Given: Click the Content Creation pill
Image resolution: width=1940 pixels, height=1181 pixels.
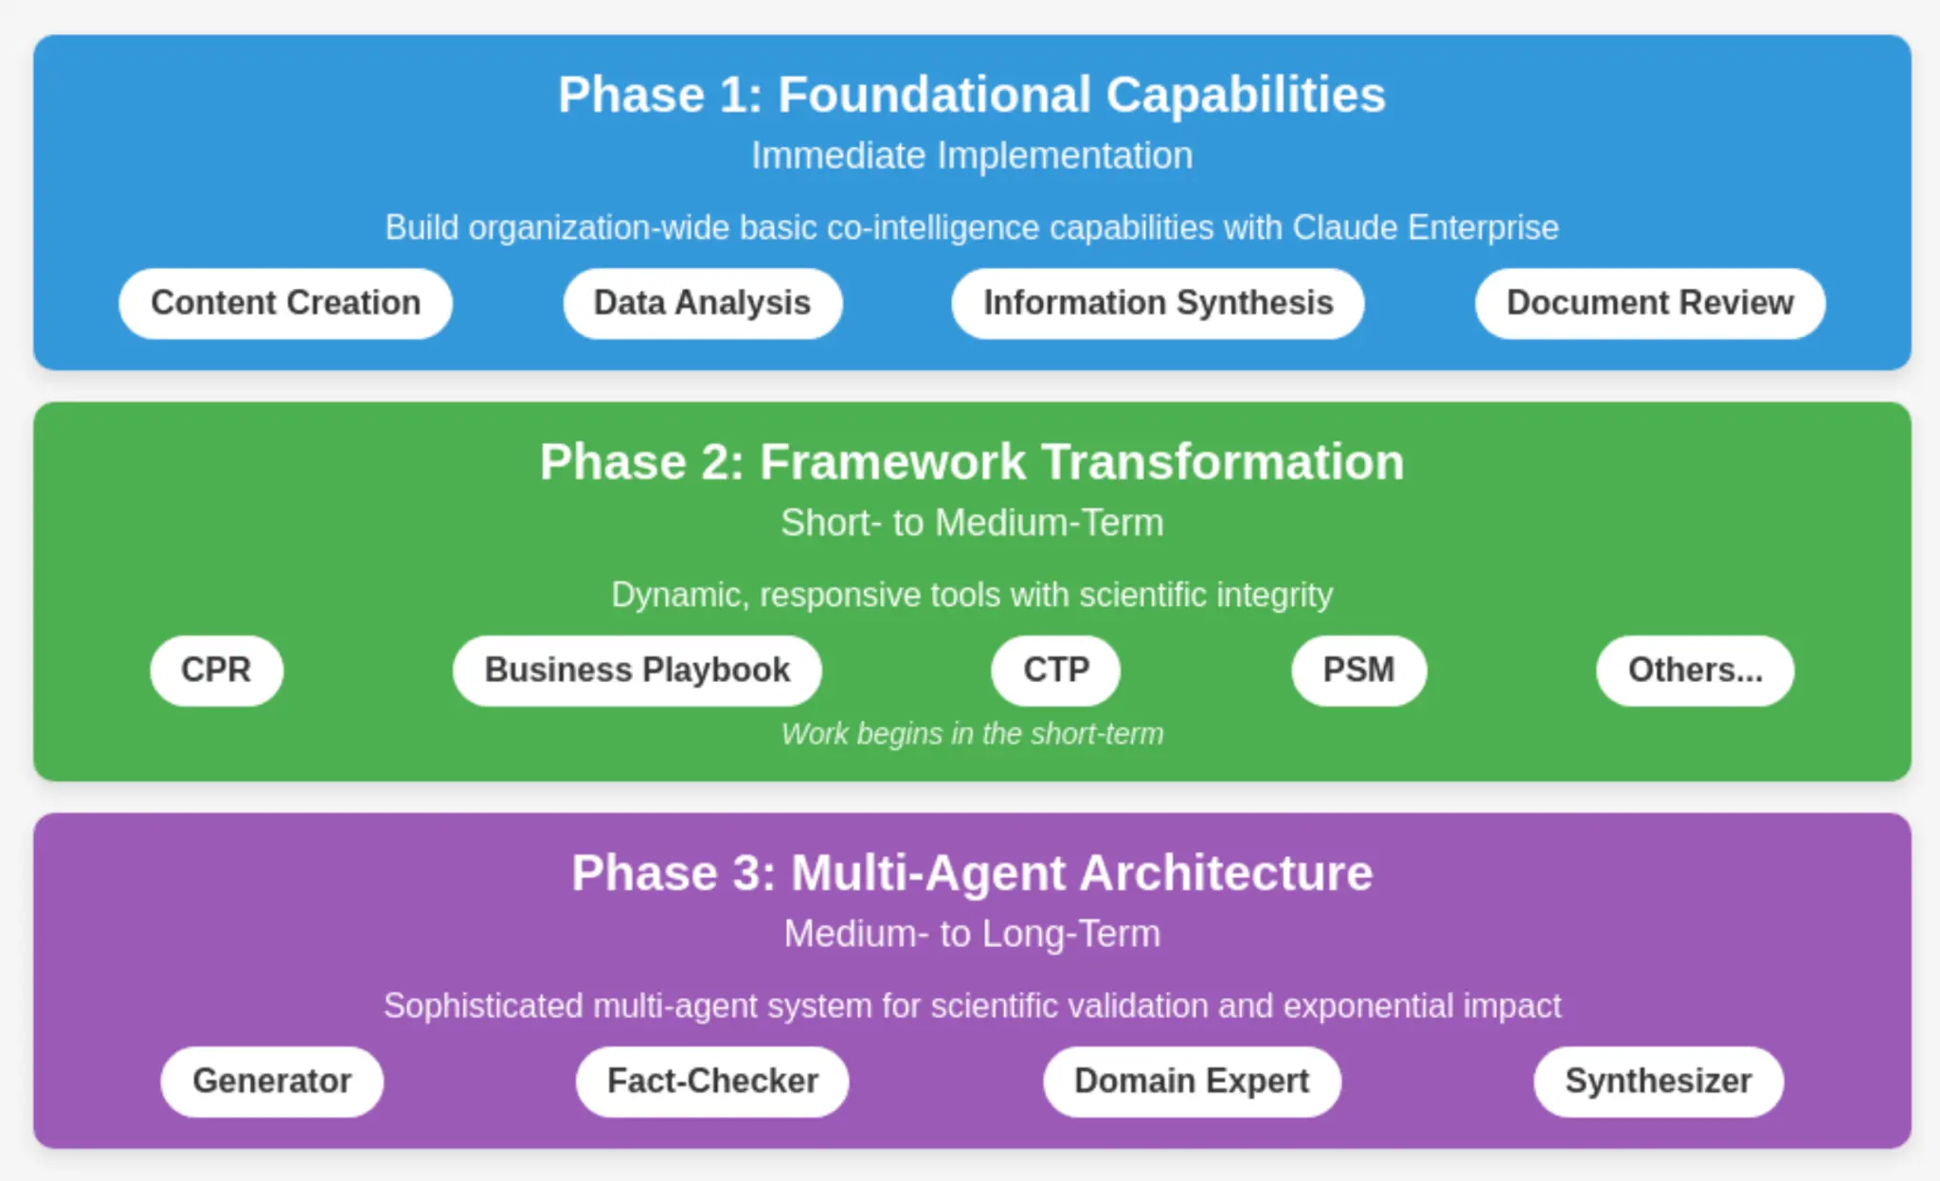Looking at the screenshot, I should [285, 303].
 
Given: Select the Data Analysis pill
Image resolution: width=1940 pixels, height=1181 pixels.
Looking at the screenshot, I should [702, 303].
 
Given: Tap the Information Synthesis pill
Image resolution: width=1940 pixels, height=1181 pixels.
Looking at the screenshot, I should [1158, 303].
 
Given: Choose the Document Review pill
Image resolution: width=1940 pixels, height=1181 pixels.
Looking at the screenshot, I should [1649, 303].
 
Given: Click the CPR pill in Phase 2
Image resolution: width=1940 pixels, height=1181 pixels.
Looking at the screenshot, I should [216, 671].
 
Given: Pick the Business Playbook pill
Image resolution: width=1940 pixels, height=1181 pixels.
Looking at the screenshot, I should [637, 671].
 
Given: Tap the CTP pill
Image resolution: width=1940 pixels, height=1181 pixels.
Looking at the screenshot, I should [1055, 671].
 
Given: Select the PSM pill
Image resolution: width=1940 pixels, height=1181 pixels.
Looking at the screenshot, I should [1358, 671].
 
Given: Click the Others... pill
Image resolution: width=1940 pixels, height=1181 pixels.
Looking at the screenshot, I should [1695, 671].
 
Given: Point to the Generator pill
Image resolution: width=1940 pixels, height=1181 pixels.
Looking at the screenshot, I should [272, 1082].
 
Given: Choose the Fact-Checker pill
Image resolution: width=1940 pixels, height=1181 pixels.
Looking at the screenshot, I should [712, 1082].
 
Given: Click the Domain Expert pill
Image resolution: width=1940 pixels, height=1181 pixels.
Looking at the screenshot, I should [1192, 1082].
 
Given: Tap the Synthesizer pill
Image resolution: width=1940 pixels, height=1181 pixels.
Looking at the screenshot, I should [1658, 1082].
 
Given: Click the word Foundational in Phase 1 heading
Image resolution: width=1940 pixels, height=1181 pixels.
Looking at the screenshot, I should [934, 95].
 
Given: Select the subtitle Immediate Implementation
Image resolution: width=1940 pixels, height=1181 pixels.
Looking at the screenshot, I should [972, 155].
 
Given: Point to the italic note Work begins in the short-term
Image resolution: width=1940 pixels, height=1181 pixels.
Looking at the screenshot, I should [972, 734].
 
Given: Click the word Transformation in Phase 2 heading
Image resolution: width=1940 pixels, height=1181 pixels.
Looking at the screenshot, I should [1222, 462].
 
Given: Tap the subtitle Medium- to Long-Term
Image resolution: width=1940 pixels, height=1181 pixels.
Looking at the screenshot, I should [972, 934].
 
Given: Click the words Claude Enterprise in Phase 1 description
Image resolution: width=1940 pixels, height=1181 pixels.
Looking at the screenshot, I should [1426, 228].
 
